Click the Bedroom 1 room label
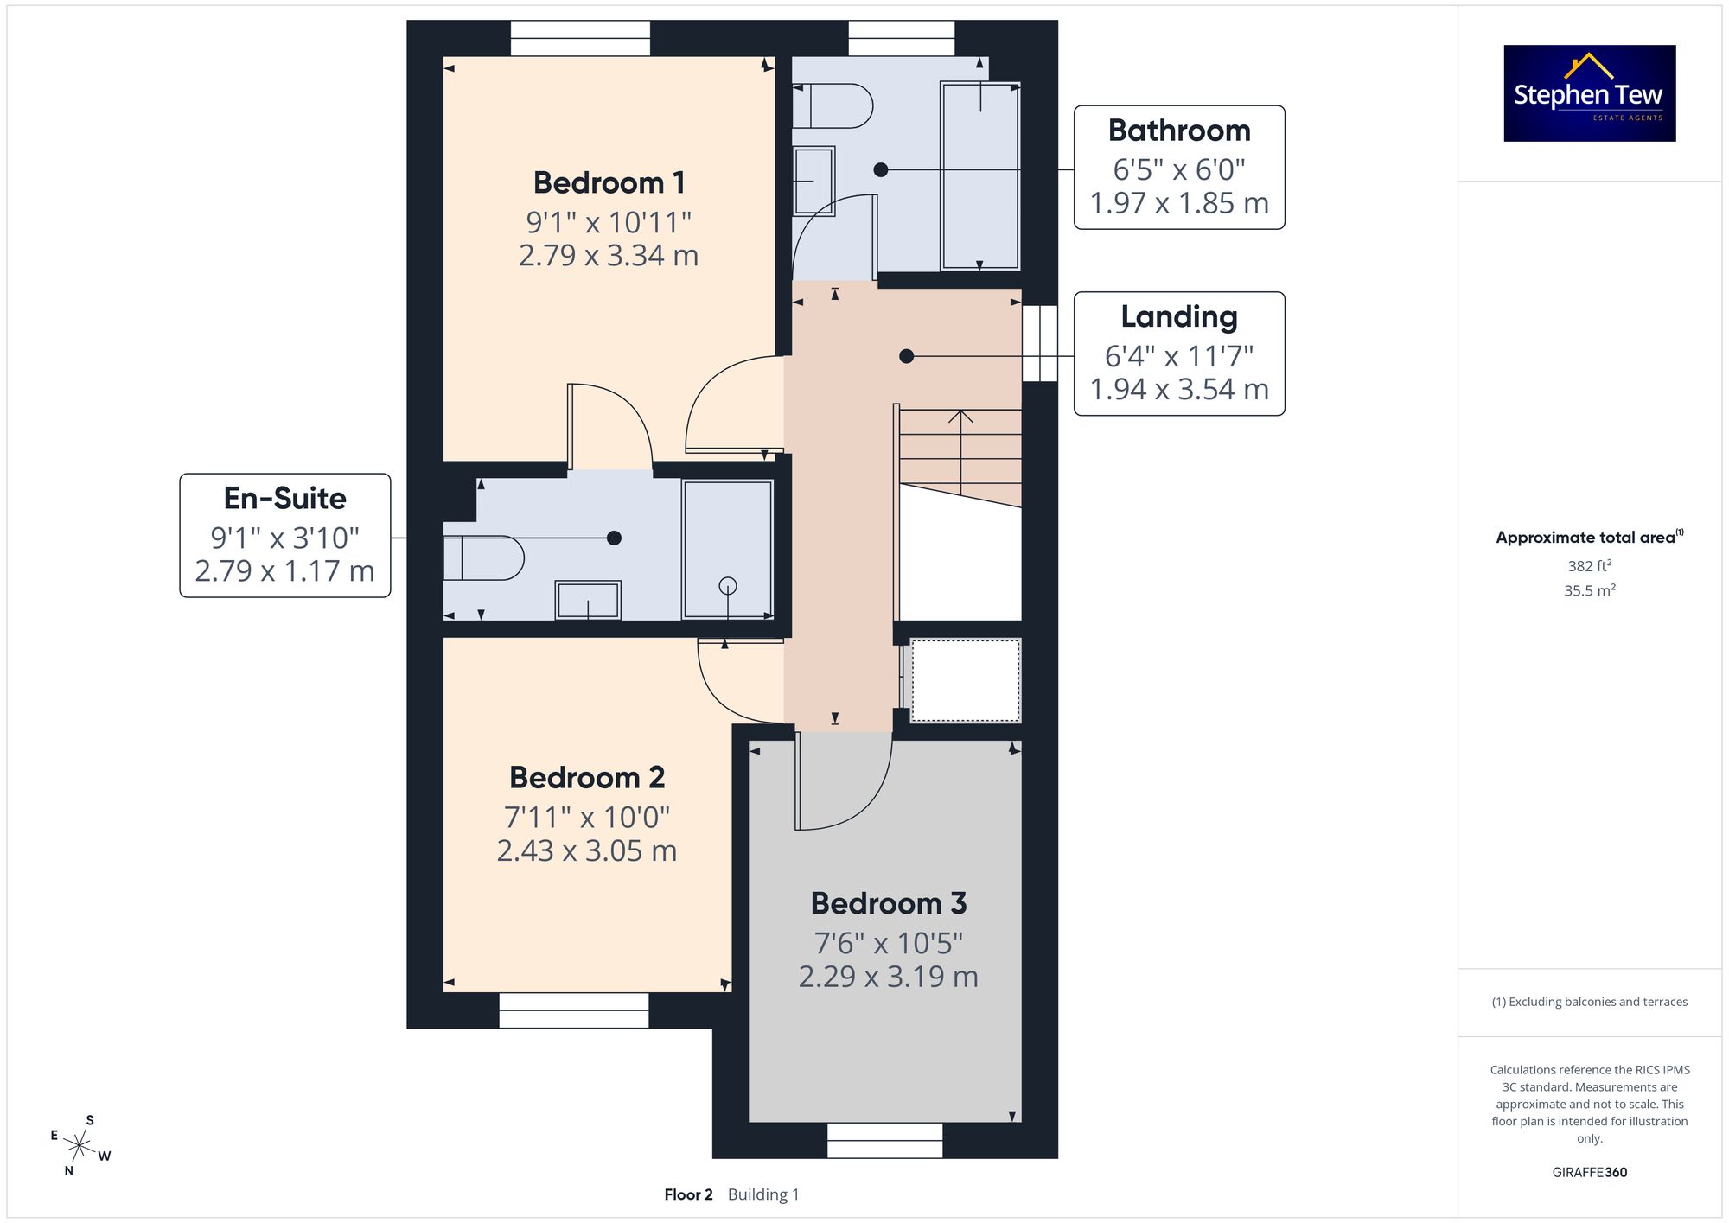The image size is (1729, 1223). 609,183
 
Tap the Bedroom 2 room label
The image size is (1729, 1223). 587,778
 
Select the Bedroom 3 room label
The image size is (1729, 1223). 889,903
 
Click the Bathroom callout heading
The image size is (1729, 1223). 1179,131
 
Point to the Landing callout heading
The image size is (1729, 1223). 1179,317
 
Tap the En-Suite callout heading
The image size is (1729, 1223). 285,498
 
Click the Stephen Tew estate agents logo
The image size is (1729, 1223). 1590,93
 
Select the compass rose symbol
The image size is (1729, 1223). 80,1147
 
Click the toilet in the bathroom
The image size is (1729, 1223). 833,105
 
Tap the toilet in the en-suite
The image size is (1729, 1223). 483,558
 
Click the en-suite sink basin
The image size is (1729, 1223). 588,600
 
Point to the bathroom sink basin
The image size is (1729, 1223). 813,181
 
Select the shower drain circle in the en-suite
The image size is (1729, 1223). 728,586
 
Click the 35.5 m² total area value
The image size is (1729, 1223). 1590,591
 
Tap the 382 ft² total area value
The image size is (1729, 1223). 1590,566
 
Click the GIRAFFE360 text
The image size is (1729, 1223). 1590,1173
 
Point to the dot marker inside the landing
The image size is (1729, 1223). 906,356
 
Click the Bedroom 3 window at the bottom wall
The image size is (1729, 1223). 884,1140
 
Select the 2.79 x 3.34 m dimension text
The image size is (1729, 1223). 609,256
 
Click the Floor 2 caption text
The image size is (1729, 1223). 688,1195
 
